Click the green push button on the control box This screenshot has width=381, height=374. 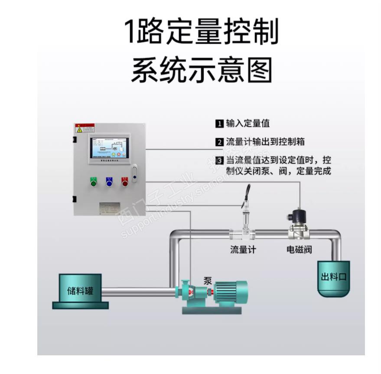point(93,182)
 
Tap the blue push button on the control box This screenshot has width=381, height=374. point(109,182)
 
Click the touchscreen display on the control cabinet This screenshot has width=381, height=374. point(109,148)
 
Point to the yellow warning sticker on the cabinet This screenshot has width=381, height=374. point(79,129)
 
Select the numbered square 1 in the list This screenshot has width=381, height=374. point(219,124)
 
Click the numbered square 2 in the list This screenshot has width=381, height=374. point(219,142)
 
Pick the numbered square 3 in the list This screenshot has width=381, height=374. point(219,161)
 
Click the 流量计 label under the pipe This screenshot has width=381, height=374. point(243,250)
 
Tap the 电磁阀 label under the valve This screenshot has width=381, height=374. point(299,250)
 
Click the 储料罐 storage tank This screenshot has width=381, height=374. point(80,290)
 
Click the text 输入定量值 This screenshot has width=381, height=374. point(247,124)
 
